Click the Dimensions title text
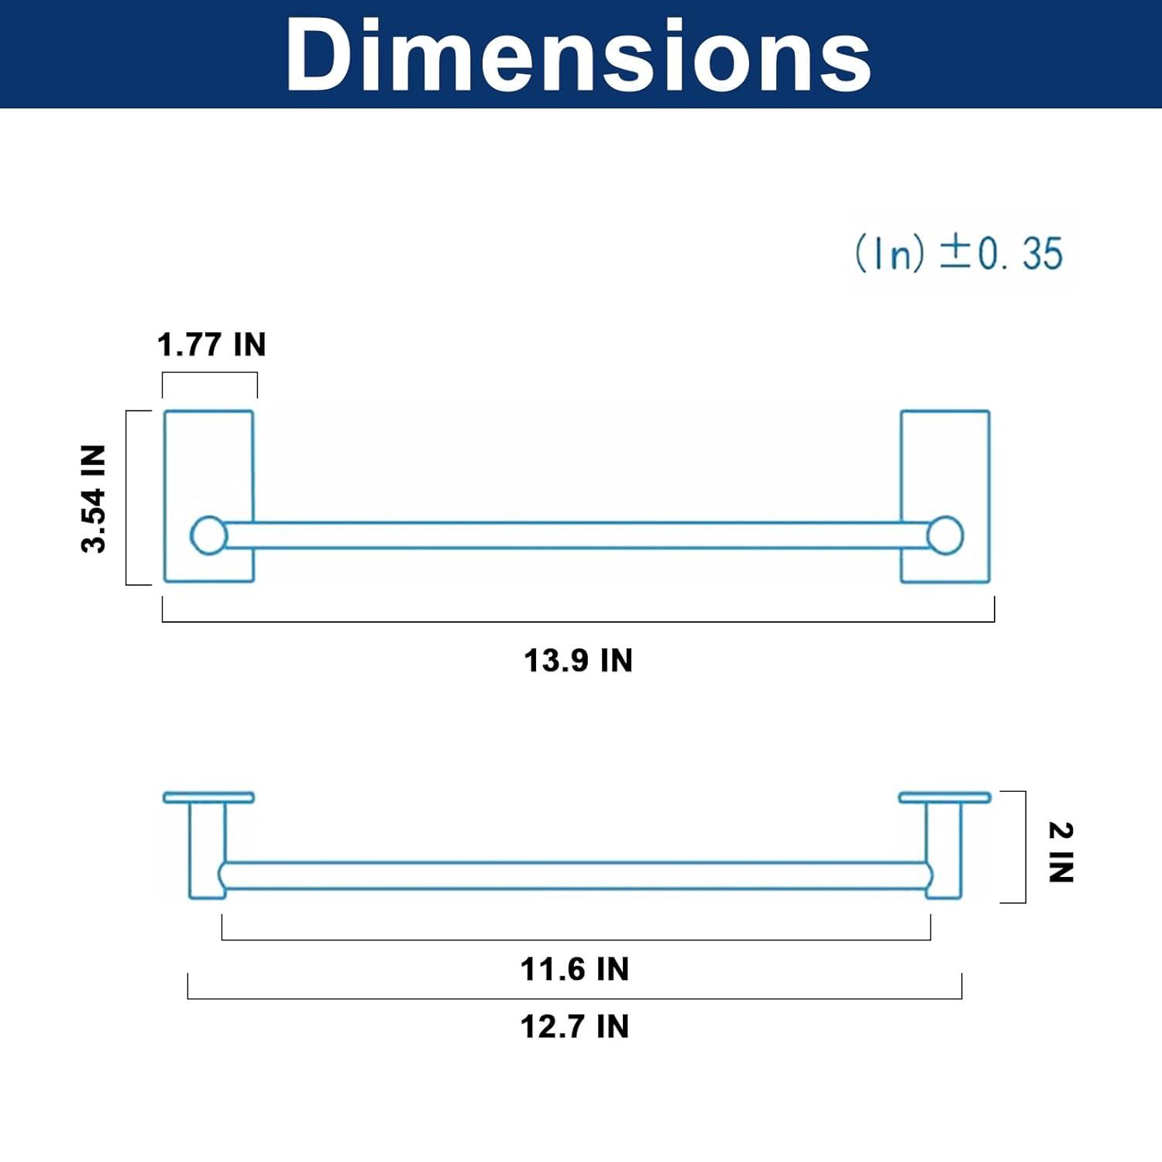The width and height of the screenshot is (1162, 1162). point(579,54)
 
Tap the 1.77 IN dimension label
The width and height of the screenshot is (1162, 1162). point(211,345)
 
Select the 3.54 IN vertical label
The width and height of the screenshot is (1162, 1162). point(93,498)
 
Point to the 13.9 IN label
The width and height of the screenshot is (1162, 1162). point(579,661)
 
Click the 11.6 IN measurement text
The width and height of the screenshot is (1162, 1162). point(575,969)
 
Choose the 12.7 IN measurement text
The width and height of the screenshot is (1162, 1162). point(575,1026)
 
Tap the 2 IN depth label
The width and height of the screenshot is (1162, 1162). point(1061,852)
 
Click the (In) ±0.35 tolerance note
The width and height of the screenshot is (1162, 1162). point(959,253)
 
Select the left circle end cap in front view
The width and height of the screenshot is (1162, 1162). point(208,535)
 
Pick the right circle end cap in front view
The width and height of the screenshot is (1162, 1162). point(945,535)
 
